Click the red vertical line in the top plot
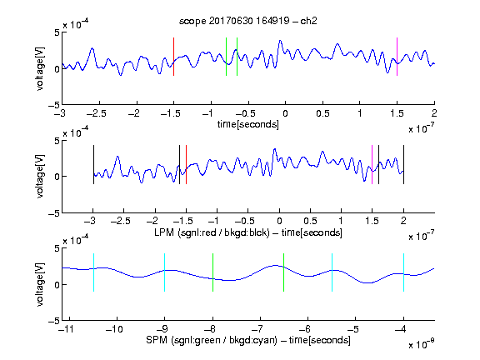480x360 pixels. (x=173, y=57)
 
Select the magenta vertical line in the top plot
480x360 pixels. (x=397, y=57)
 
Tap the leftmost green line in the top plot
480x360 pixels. (x=226, y=57)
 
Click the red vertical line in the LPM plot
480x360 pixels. (x=186, y=165)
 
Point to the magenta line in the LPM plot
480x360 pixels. (x=372, y=165)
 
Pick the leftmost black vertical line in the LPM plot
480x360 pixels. (x=93, y=165)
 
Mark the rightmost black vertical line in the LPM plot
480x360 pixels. (x=404, y=165)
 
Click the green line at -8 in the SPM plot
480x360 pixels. (x=212, y=272)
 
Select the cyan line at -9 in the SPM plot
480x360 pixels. (x=165, y=272)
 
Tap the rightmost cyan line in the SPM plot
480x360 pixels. (x=404, y=272)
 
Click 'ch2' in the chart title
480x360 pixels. (x=308, y=21)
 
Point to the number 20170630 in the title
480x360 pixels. (x=231, y=21)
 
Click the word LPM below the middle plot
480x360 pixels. (x=164, y=232)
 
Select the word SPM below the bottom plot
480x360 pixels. (x=157, y=340)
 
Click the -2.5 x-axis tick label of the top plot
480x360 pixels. (x=97, y=113)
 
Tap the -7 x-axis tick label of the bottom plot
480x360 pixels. (x=259, y=329)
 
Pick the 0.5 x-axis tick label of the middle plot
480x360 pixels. (x=310, y=221)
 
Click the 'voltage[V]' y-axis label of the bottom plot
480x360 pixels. (x=40, y=284)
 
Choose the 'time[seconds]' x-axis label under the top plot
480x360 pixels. (x=248, y=124)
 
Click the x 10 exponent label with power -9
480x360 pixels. (x=422, y=344)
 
